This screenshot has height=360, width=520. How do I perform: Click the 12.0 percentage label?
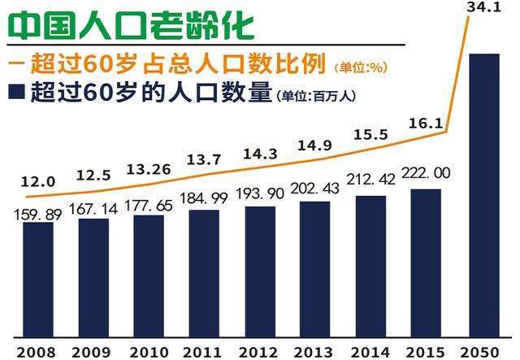(x=37, y=182)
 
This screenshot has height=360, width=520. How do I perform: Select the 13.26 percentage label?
(x=149, y=169)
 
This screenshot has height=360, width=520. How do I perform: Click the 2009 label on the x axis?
(x=92, y=351)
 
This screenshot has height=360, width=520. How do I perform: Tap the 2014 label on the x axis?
(x=370, y=351)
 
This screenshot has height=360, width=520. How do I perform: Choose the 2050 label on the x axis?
(x=483, y=351)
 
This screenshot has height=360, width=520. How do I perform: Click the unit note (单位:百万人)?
(x=315, y=95)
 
